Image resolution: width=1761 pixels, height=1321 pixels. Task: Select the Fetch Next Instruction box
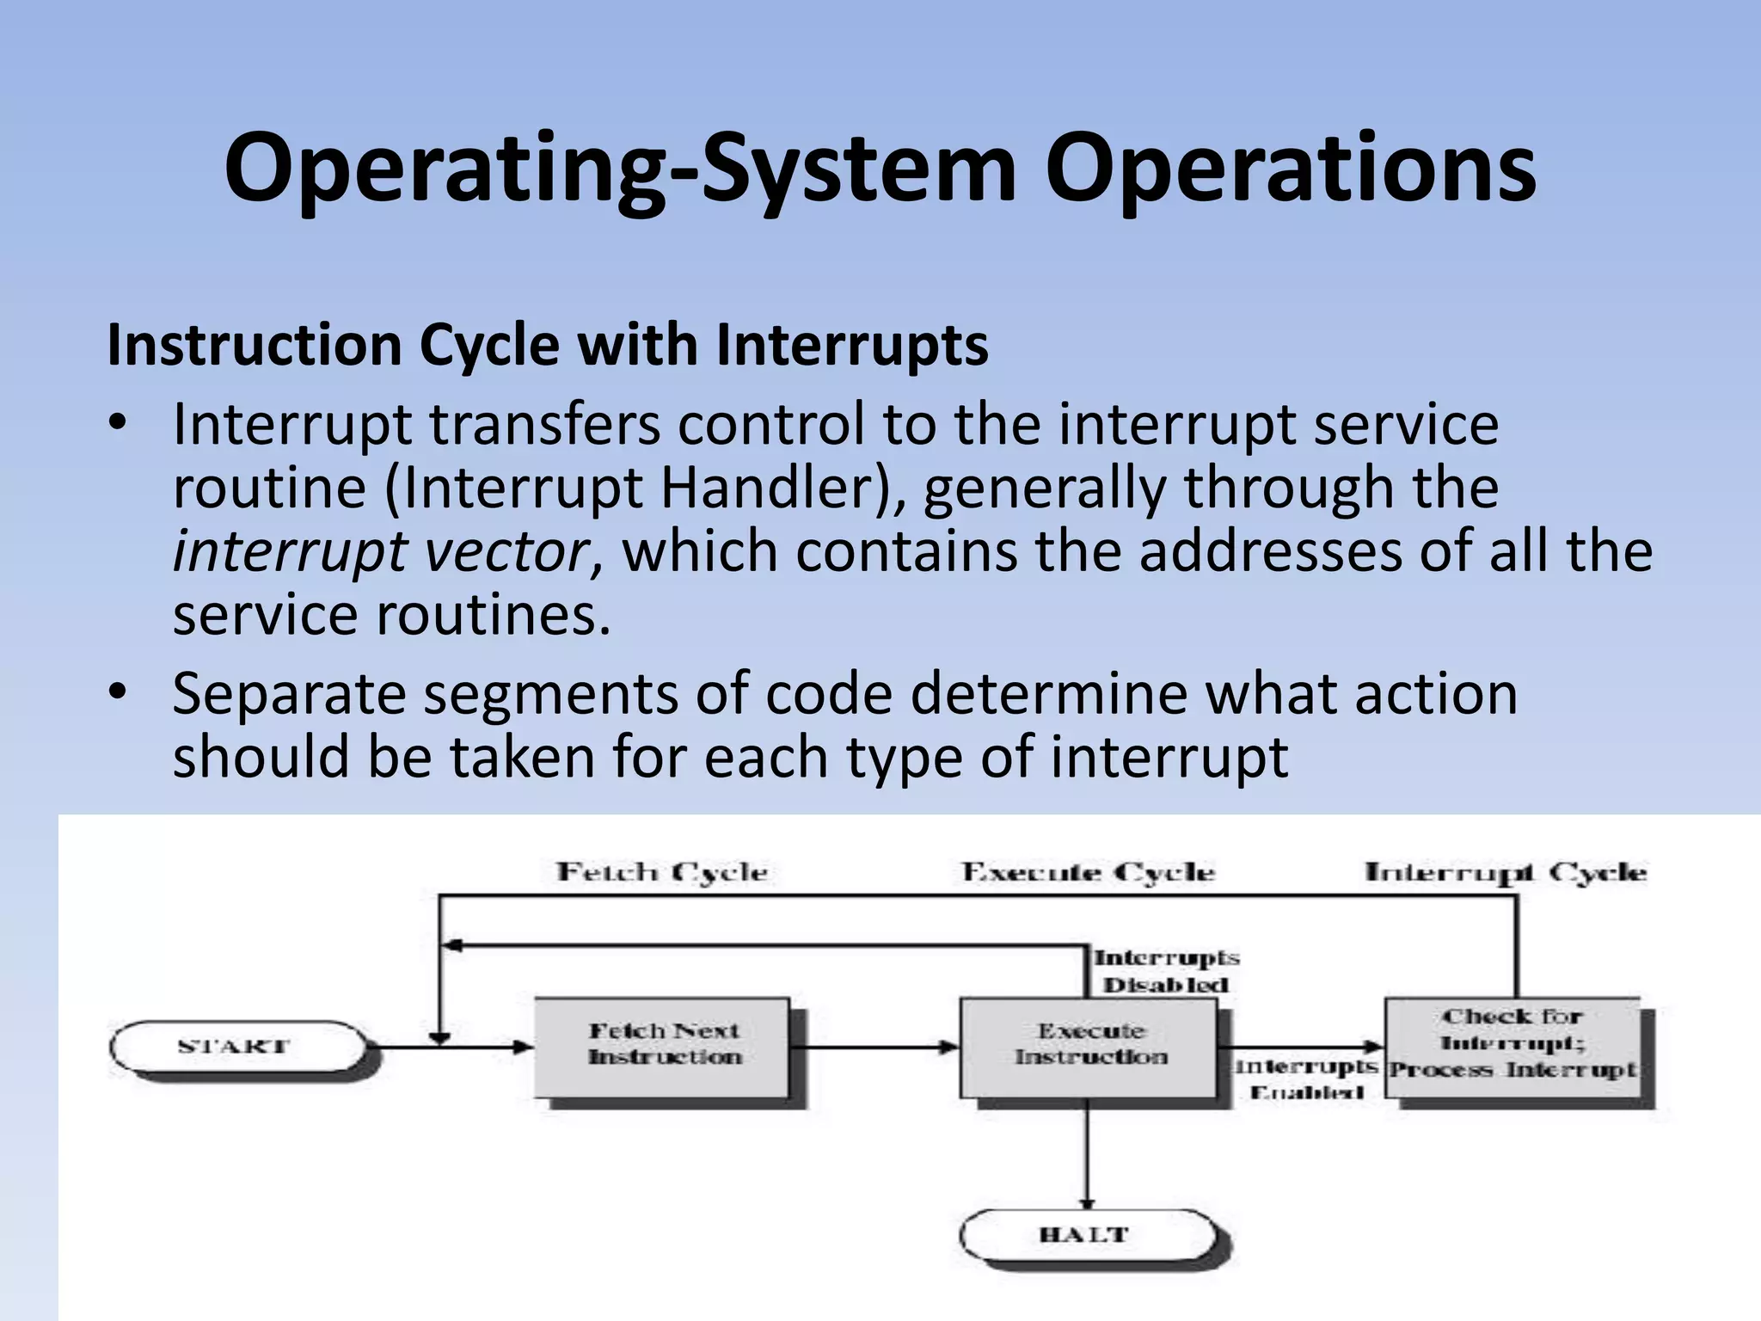(662, 1046)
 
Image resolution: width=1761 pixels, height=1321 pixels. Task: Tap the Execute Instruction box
(1089, 1046)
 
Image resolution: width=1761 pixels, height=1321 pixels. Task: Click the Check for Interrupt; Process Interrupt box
(1513, 1046)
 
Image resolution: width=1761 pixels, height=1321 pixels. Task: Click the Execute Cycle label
(1088, 872)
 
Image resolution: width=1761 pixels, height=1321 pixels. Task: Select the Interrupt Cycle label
(1505, 872)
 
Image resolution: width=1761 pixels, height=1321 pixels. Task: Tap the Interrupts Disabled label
(1166, 971)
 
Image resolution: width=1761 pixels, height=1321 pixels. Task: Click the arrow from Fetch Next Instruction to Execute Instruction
(873, 1047)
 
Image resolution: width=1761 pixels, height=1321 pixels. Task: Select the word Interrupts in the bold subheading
(851, 346)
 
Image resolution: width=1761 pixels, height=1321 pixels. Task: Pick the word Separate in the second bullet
(289, 695)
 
